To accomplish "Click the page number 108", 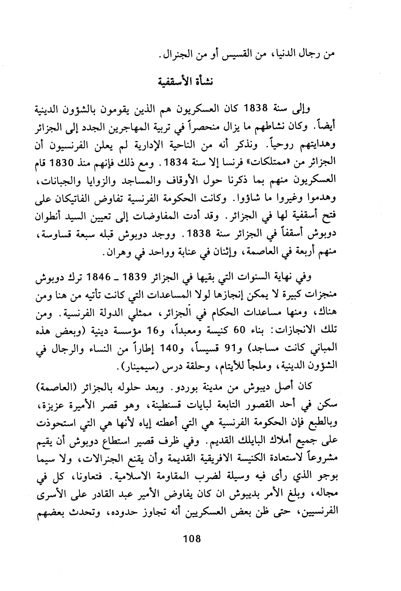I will (192, 539).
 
